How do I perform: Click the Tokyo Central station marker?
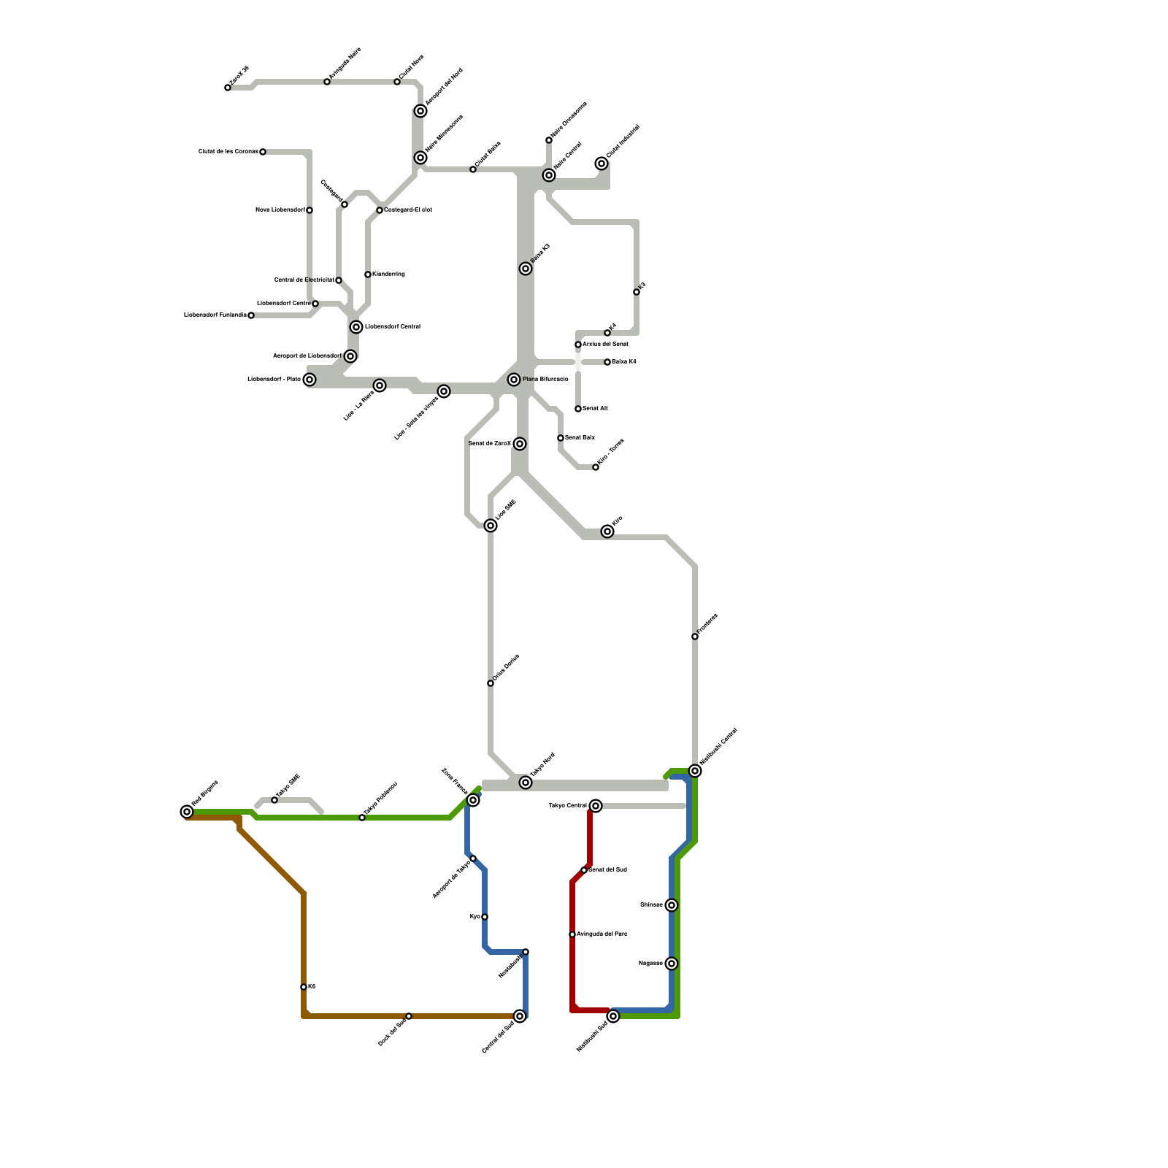coord(596,806)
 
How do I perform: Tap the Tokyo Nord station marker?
coord(526,783)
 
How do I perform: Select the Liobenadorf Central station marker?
coord(356,327)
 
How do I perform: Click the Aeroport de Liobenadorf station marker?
coord(350,356)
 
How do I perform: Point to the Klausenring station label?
coord(388,274)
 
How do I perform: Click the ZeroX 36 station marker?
coord(228,88)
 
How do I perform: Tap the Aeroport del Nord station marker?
coord(420,111)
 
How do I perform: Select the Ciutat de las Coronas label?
coord(228,152)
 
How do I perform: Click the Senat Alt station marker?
coord(578,409)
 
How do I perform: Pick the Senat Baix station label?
coord(580,438)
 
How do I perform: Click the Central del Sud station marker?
coord(520,1016)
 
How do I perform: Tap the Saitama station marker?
coord(672,905)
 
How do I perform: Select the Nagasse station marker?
coord(672,964)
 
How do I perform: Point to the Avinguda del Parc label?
coord(602,934)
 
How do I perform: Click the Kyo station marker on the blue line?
coord(485,917)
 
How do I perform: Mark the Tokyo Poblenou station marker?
coord(362,818)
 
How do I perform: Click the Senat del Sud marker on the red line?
coord(584,870)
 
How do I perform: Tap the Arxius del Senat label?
coord(605,344)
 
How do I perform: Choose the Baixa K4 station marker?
coord(607,362)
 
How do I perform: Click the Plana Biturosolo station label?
coord(545,380)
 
